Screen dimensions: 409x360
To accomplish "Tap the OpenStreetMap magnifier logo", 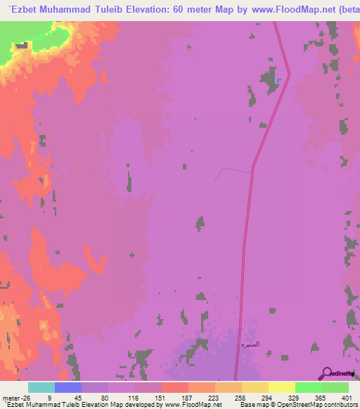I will point(327,373).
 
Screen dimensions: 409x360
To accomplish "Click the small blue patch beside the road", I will point(279,80).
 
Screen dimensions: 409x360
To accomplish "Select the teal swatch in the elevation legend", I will point(41,387).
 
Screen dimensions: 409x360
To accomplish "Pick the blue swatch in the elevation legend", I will point(67,387).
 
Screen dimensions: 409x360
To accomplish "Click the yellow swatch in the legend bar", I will point(281,387).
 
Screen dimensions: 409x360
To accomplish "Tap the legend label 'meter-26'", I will point(13,397).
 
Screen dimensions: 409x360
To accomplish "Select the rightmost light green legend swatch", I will point(335,387).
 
